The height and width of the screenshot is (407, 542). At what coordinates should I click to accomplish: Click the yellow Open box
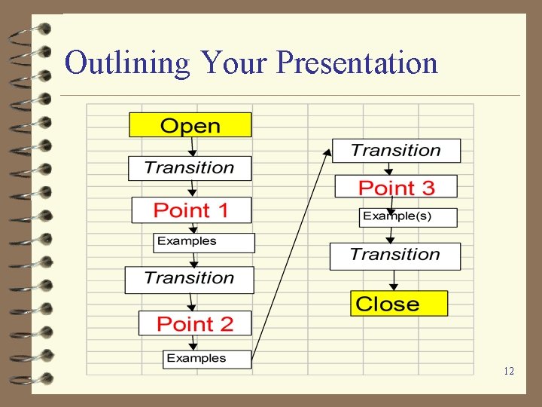coord(190,125)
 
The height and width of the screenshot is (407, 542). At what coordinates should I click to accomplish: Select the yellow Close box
coord(399,304)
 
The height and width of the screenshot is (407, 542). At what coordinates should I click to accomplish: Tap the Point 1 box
coord(191,210)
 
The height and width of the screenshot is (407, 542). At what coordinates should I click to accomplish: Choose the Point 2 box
coord(196,323)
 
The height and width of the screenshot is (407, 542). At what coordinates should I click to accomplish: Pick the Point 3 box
coord(396,187)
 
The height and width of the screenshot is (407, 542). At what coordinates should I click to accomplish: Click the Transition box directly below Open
coord(190,167)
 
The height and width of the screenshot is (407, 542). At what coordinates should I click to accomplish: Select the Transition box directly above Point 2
coord(189,279)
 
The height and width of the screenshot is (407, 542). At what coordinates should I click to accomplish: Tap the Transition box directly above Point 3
coord(396,151)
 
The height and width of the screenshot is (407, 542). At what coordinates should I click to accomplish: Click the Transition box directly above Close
coord(395,256)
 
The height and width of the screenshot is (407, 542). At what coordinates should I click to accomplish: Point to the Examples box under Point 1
coord(204,242)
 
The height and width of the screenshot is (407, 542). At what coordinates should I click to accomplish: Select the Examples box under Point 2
coord(207,359)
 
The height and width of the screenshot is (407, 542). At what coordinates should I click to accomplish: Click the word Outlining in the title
coord(127,63)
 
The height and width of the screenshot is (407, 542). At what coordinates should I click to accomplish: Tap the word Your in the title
coord(234,63)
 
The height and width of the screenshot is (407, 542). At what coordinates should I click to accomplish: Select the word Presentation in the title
coord(357,63)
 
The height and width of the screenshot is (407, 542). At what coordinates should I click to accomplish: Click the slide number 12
coord(509,371)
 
